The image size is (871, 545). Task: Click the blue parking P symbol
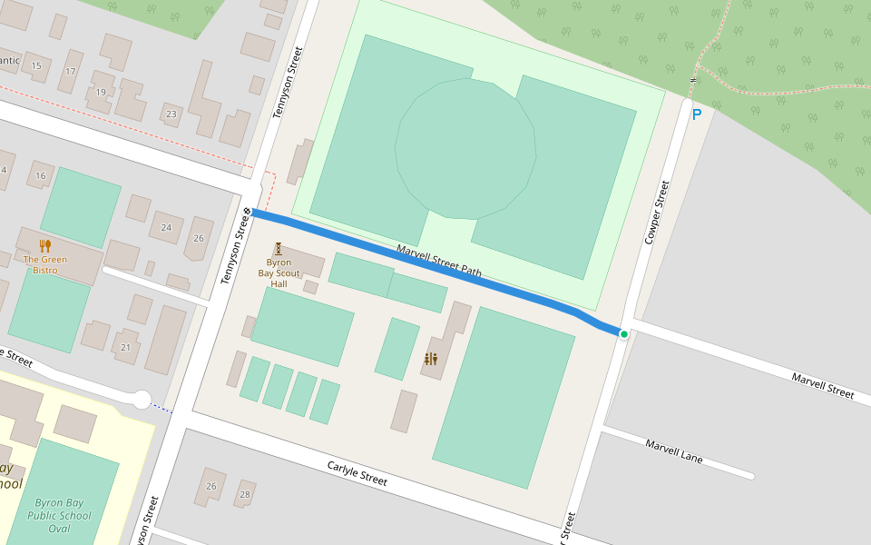click(697, 114)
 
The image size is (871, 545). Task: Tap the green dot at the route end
click(624, 334)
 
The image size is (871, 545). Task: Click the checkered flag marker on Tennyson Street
click(247, 212)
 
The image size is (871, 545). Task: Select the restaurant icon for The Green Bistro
click(44, 246)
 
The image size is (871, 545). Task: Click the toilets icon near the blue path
click(430, 360)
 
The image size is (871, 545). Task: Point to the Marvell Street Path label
click(438, 261)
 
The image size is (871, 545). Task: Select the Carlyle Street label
click(357, 473)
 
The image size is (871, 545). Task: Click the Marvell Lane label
click(674, 451)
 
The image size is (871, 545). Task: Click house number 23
click(171, 114)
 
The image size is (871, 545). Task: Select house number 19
click(101, 92)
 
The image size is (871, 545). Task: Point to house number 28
click(244, 494)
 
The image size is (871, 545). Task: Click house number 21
click(125, 347)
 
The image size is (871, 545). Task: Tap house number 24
click(165, 227)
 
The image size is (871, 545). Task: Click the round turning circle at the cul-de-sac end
click(141, 398)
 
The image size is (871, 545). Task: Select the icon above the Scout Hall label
click(279, 248)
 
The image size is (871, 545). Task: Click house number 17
click(71, 71)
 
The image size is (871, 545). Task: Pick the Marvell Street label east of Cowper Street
click(822, 385)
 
